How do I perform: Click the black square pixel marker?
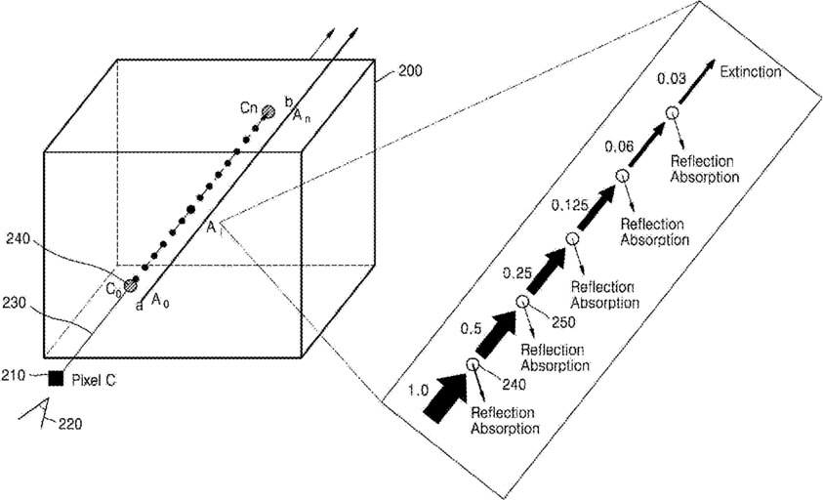56,379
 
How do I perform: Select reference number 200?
410,70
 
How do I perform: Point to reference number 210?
14,376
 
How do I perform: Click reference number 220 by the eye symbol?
70,423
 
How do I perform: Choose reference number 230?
15,303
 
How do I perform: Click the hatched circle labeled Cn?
268,111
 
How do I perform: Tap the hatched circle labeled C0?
129,286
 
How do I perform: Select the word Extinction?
751,71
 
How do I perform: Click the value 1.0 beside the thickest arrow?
418,391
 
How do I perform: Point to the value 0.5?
471,329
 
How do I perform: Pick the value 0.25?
517,272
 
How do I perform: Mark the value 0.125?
569,205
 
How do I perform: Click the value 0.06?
619,146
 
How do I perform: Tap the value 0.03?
672,79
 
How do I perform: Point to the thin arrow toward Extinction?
696,81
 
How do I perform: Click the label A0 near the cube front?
160,301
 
